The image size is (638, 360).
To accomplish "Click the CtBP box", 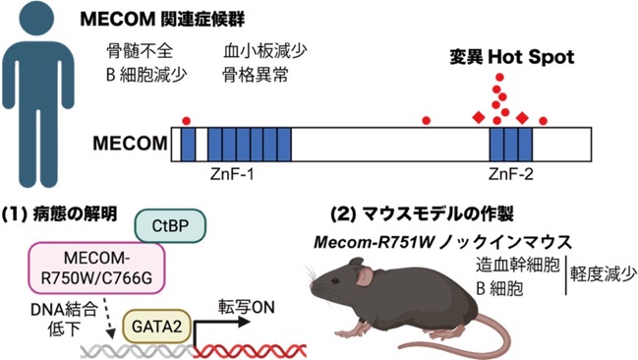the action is tap(170, 226).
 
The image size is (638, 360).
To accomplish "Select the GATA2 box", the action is tap(156, 327).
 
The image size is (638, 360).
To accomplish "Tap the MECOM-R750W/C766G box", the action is tap(97, 268).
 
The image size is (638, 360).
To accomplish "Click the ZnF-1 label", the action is tap(232, 174).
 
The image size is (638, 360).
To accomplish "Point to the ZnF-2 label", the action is tap(510, 174).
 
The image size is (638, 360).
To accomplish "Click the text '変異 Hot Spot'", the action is tap(512, 57).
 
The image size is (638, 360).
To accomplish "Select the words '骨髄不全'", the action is tap(140, 51).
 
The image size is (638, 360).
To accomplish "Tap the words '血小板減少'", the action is tap(264, 51).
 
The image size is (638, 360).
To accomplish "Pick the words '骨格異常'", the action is tap(256, 75).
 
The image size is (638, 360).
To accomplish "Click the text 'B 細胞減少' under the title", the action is tap(146, 75).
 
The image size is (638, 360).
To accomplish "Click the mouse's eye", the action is tap(335, 281).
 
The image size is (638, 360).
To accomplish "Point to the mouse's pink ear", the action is tap(366, 275).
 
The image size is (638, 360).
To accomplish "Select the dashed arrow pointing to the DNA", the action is tap(106, 320).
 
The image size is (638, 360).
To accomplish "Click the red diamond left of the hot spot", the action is tap(479, 118).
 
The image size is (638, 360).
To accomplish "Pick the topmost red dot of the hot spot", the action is tap(499, 77).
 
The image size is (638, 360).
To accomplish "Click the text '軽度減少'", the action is tap(604, 274).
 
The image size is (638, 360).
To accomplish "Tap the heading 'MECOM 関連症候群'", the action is tap(162, 19).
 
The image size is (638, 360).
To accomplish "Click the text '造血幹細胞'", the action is tap(518, 265).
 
